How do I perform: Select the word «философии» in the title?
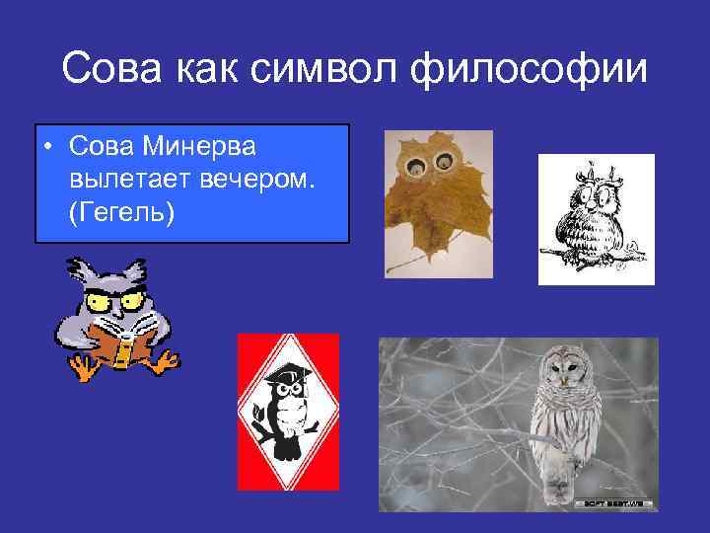point(551,70)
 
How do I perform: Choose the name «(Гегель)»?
point(122,213)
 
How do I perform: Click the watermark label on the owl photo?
point(614,502)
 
